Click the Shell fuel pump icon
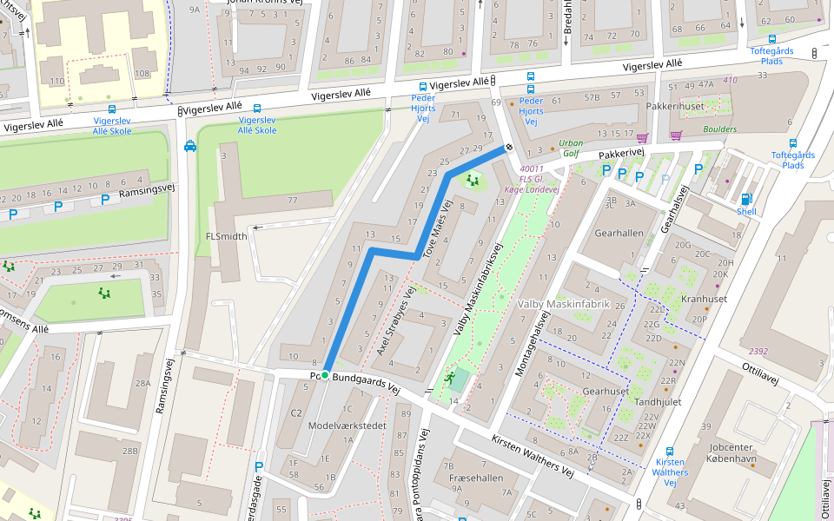(745, 199)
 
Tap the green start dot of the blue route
(325, 375)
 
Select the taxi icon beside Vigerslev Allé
(189, 146)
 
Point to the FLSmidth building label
(226, 236)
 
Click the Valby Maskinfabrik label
(564, 305)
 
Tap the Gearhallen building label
(619, 234)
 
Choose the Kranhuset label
(705, 299)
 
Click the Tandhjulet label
(658, 402)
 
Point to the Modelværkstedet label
(347, 425)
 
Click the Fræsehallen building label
(475, 478)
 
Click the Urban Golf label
(571, 148)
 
